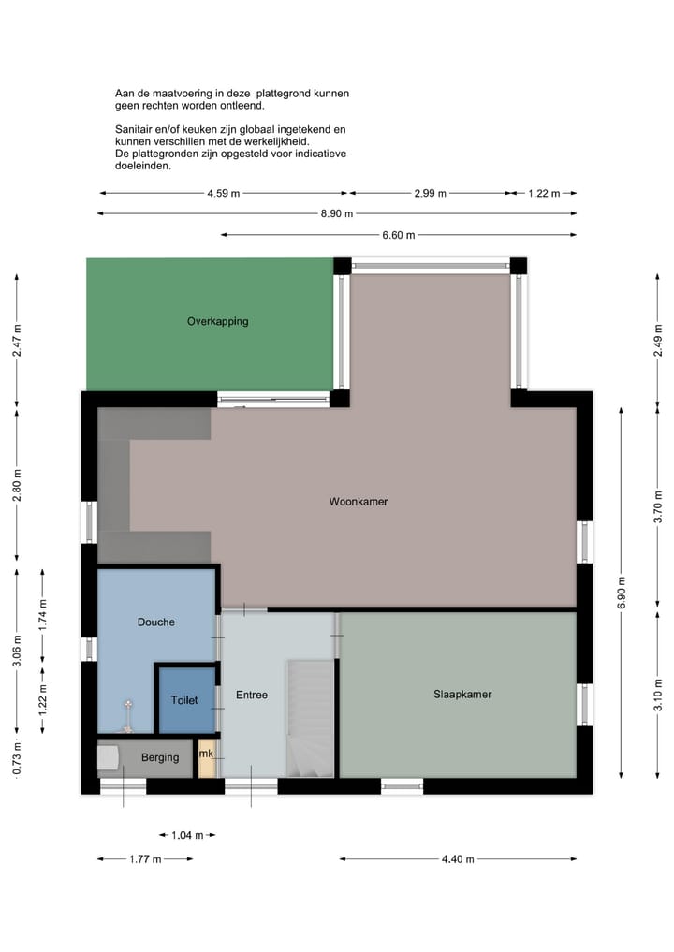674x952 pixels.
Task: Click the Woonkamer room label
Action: (x=358, y=502)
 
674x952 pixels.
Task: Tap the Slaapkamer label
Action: (x=462, y=695)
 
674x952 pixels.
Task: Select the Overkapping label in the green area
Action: (x=217, y=321)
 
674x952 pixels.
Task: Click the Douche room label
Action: (x=155, y=622)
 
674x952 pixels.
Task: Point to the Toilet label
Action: (x=184, y=700)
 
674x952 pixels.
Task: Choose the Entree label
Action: (x=252, y=695)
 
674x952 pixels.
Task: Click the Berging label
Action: (x=160, y=757)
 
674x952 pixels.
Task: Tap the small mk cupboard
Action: (x=206, y=754)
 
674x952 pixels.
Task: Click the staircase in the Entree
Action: (x=310, y=719)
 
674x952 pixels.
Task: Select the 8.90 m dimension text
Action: (x=336, y=213)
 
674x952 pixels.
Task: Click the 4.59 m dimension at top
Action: (x=224, y=194)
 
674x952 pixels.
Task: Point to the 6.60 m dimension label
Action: (x=398, y=236)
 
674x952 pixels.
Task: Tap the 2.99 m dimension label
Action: (x=430, y=194)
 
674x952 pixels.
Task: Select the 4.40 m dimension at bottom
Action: (x=458, y=859)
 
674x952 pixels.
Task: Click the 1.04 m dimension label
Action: (x=186, y=835)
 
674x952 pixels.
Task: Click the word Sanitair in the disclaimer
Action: (x=134, y=128)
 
